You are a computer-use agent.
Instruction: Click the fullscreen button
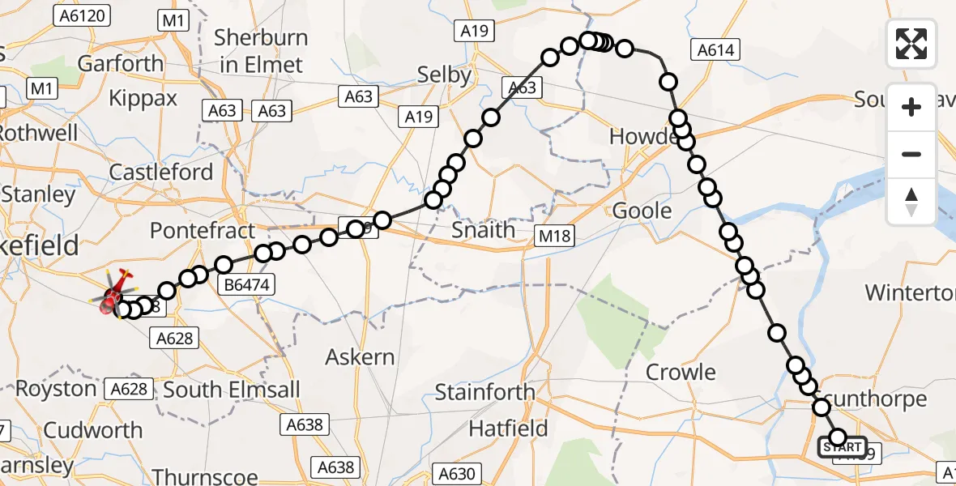[x=911, y=43]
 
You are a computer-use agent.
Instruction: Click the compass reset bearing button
[x=911, y=202]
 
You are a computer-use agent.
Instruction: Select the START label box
[x=843, y=447]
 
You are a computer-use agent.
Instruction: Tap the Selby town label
[x=444, y=75]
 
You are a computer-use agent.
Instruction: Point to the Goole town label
[x=642, y=211]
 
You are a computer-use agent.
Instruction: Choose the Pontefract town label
[x=203, y=231]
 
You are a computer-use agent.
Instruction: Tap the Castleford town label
[x=160, y=172]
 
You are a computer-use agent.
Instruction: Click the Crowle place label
[x=681, y=373]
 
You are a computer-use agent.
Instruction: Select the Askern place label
[x=360, y=356]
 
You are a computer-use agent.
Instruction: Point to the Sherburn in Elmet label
[x=261, y=51]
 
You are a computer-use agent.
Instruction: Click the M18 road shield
[x=554, y=237]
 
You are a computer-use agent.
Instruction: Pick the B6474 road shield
[x=247, y=283]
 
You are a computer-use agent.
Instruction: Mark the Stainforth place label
[x=484, y=393]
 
